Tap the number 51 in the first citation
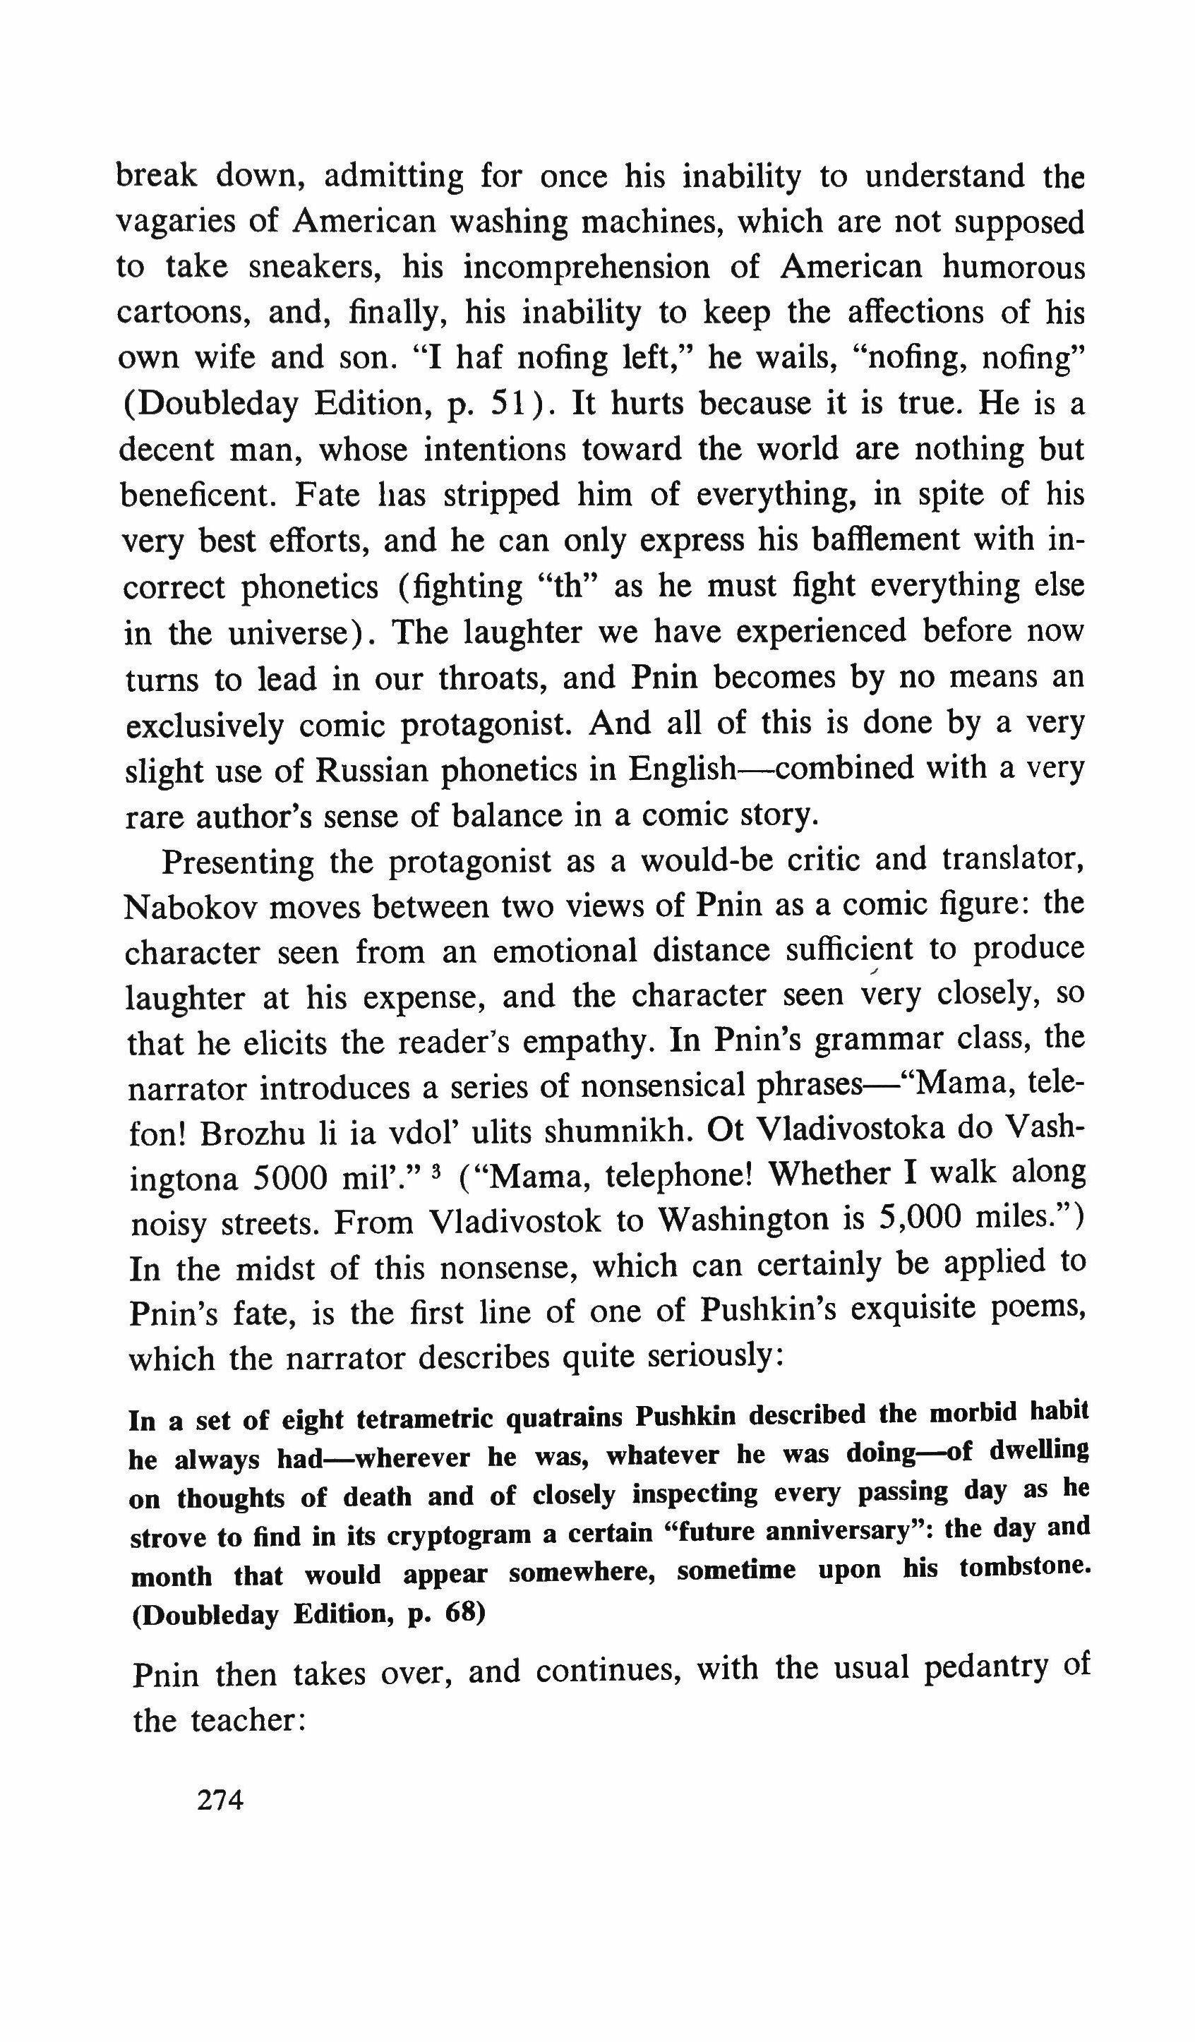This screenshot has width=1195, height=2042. pyautogui.click(x=510, y=404)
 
